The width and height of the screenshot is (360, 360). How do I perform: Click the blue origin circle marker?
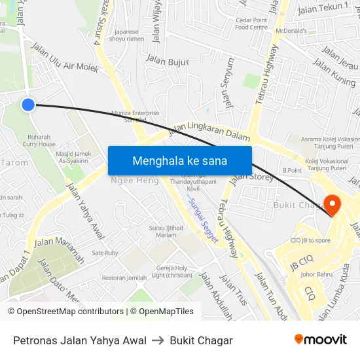[27, 105]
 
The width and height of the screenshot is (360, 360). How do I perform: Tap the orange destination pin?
[332, 206]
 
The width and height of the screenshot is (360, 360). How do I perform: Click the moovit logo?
[320, 339]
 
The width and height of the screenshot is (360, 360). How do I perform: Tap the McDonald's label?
[291, 31]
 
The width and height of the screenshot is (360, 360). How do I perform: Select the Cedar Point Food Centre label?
[251, 24]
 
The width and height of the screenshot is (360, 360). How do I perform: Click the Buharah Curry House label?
[39, 141]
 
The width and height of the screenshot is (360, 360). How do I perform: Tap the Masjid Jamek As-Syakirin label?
[73, 156]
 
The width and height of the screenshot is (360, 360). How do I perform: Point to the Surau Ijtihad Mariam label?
[164, 232]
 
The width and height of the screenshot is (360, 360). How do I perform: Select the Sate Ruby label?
[105, 253]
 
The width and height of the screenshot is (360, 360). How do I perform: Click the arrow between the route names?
[158, 340]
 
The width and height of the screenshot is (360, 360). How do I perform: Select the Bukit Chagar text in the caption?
[201, 340]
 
